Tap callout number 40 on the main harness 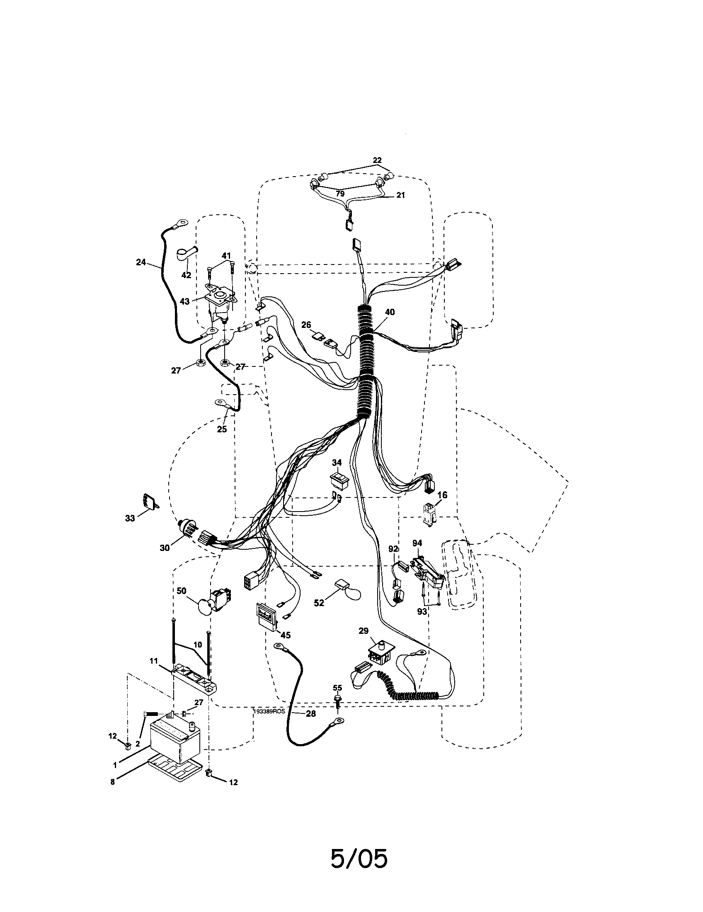pos(390,312)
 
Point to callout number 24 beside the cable pos(141,262)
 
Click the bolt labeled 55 pos(337,701)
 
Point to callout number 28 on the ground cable pos(310,714)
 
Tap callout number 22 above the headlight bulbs pos(377,160)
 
